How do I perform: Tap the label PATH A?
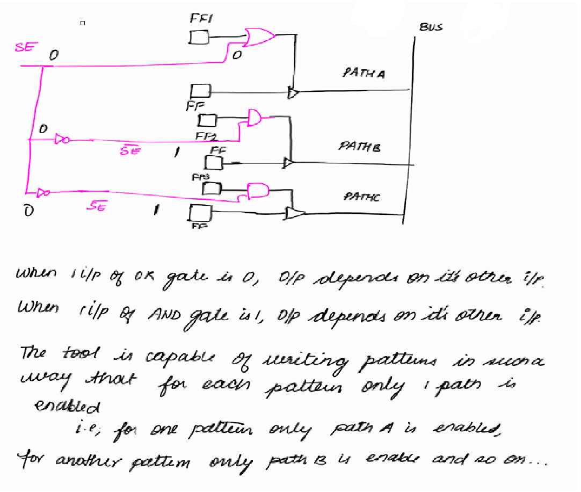click(x=364, y=74)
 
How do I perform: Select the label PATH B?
click(x=359, y=146)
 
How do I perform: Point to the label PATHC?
click(x=361, y=197)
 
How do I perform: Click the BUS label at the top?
click(x=431, y=27)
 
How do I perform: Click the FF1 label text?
click(x=202, y=19)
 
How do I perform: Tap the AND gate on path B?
click(x=255, y=117)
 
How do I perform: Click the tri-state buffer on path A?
click(x=293, y=93)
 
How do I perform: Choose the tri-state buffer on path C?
click(x=294, y=214)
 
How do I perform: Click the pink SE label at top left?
click(x=24, y=47)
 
